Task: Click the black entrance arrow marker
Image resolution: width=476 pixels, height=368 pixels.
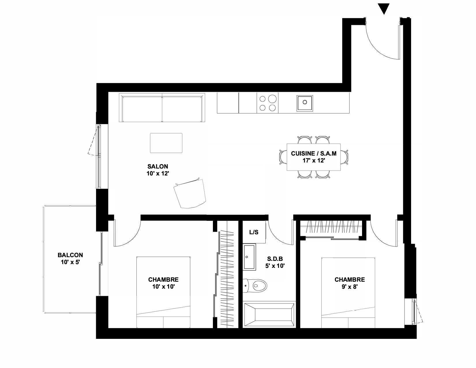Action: (x=384, y=8)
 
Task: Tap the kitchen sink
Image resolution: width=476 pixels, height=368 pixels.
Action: (x=305, y=103)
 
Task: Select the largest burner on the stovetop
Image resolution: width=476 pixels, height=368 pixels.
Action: (x=272, y=99)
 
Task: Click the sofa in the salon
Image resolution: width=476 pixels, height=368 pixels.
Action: (x=162, y=108)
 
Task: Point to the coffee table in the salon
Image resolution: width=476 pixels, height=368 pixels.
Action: (x=166, y=143)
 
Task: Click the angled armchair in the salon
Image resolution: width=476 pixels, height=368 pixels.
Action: (x=190, y=193)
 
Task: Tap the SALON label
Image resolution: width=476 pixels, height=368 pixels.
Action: (x=158, y=166)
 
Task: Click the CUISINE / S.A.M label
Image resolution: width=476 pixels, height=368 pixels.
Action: (x=314, y=154)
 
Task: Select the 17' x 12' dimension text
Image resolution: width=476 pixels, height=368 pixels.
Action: (x=314, y=161)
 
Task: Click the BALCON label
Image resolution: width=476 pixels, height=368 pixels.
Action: (x=70, y=255)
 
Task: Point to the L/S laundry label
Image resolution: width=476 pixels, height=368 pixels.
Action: (x=254, y=232)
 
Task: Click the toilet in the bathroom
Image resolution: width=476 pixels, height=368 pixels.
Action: (x=255, y=285)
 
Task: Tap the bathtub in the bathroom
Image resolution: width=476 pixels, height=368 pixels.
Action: (x=269, y=315)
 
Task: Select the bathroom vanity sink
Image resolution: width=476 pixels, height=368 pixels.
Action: (x=249, y=257)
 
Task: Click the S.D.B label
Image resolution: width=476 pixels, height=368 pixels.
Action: (x=275, y=259)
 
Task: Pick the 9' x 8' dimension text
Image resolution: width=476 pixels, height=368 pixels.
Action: (x=350, y=287)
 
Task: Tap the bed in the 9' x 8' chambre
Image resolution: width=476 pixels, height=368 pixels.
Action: (x=348, y=293)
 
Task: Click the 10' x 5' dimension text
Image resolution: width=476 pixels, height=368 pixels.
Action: (x=70, y=262)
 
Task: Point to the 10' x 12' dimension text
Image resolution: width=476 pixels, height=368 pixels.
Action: (x=158, y=173)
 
